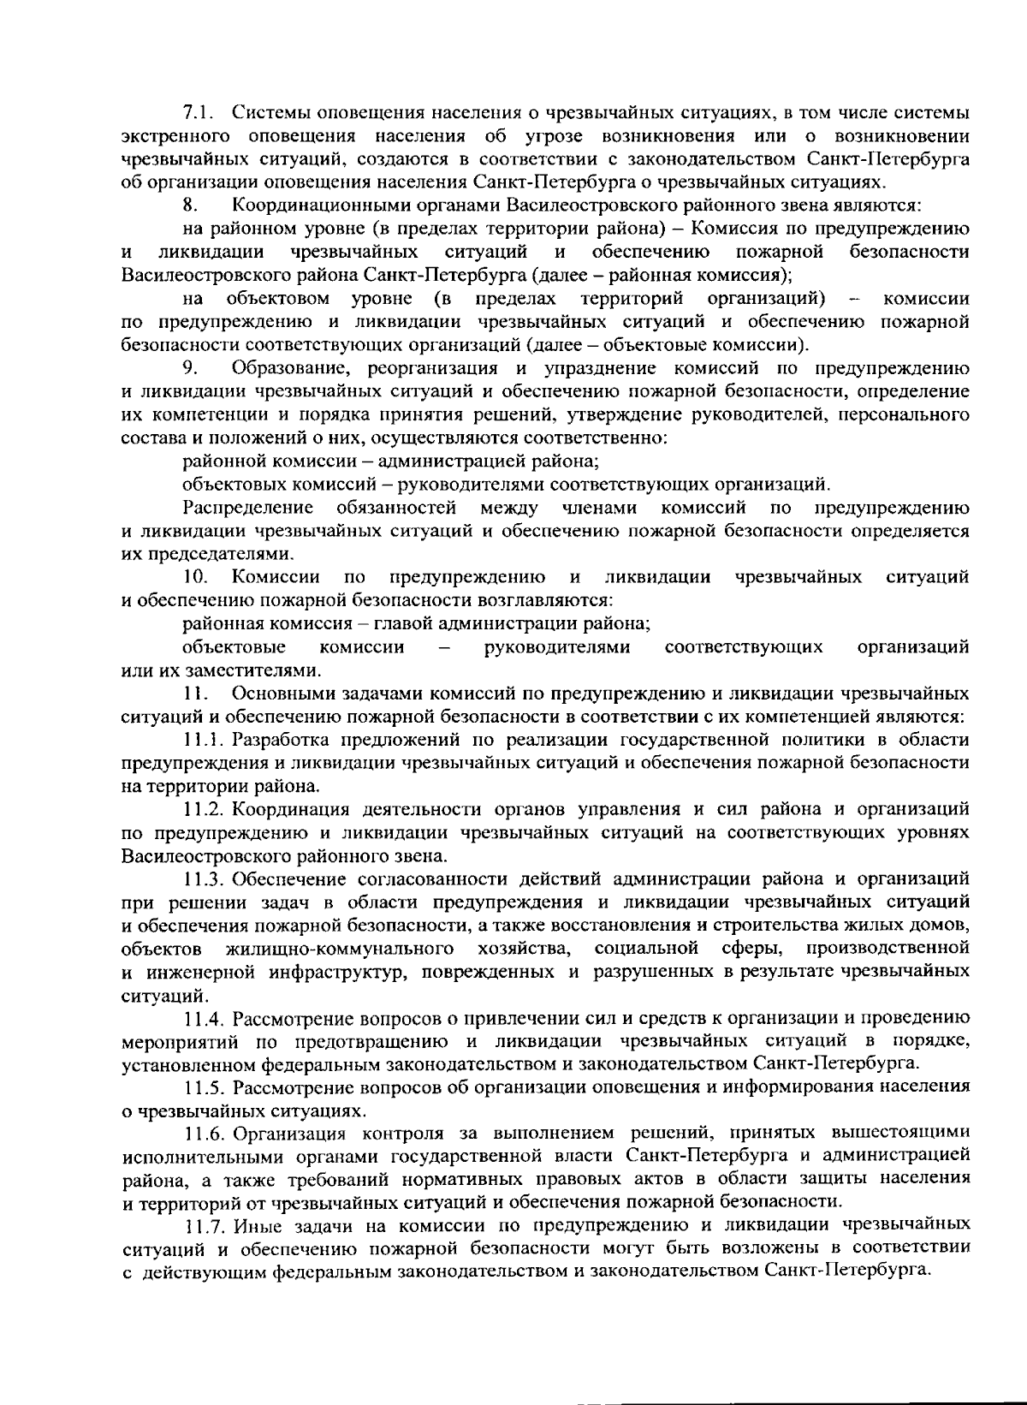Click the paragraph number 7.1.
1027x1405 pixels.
[199, 112]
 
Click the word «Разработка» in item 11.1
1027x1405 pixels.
[282, 739]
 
